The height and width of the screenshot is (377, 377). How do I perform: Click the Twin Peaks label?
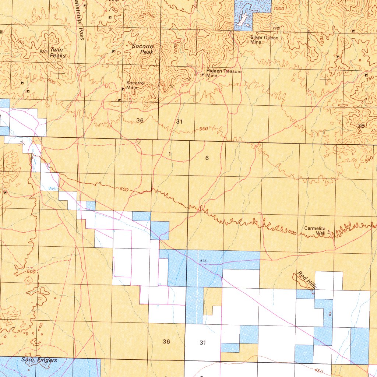click(x=58, y=53)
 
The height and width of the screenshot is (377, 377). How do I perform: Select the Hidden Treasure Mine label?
click(x=224, y=73)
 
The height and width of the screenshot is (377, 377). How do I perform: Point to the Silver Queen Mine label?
click(x=264, y=40)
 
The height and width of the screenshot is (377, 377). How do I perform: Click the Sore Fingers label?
click(x=39, y=360)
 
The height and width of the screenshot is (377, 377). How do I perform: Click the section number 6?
click(x=207, y=158)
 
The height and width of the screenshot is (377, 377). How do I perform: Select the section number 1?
click(x=169, y=154)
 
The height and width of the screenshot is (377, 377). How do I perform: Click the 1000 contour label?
click(x=279, y=8)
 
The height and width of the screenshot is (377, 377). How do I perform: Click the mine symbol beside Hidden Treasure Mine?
click(x=202, y=75)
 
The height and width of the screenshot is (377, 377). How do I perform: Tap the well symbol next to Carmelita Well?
click(x=329, y=232)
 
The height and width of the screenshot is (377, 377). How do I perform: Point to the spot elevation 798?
click(x=276, y=28)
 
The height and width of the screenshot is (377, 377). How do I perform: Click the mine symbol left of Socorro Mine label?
click(x=123, y=89)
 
